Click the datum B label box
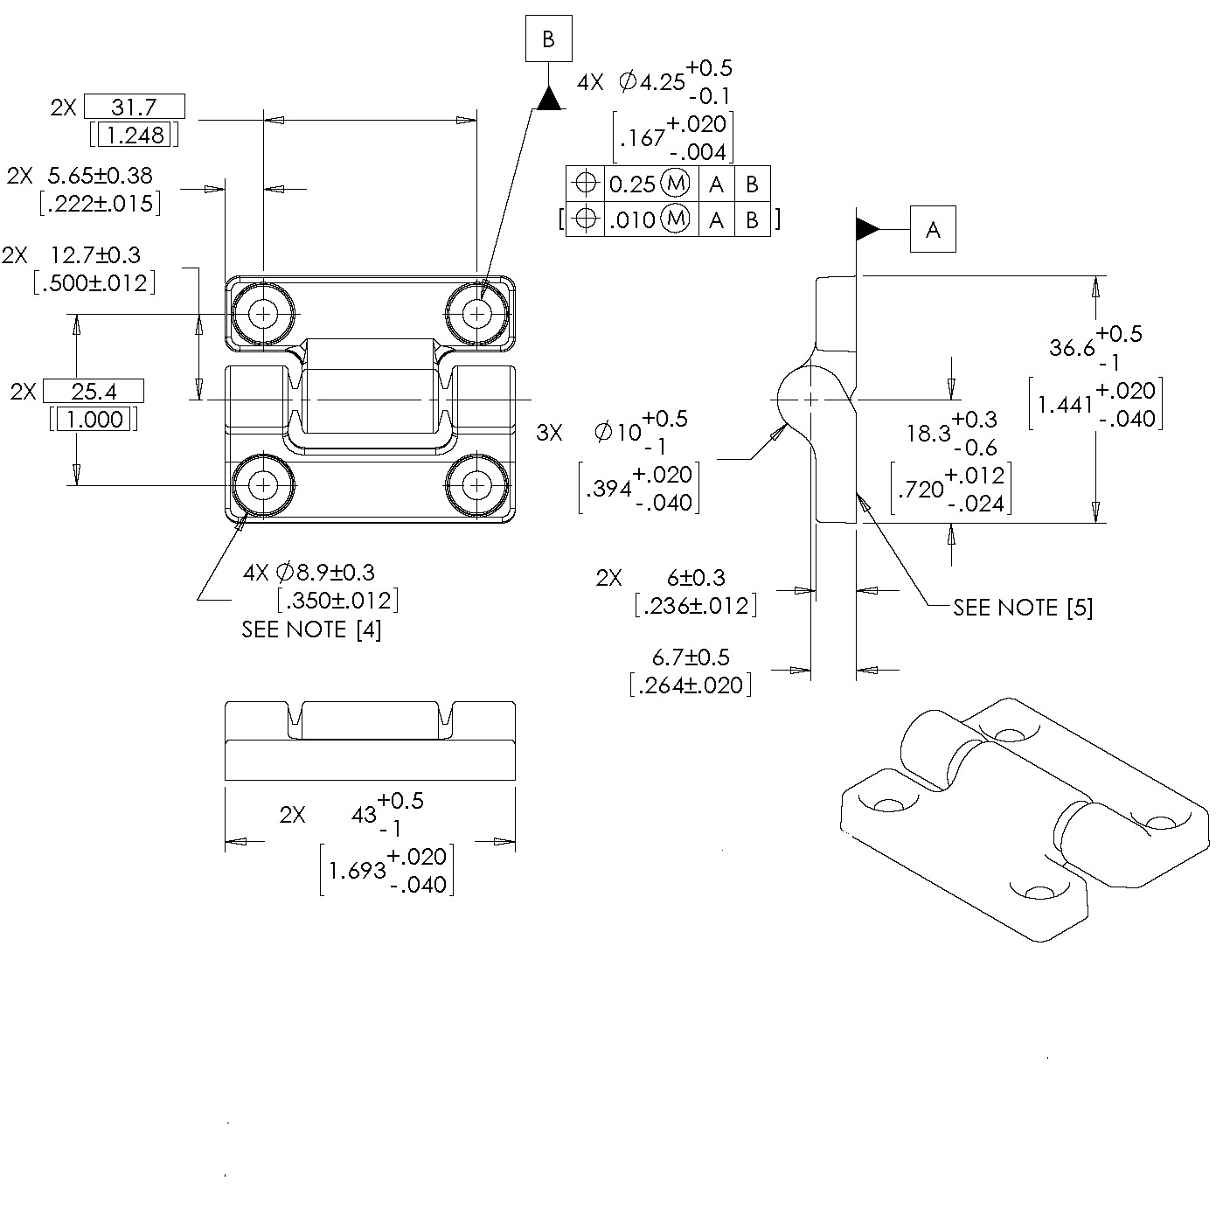(548, 39)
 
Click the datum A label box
(933, 229)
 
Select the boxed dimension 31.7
(134, 107)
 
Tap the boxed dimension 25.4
(93, 390)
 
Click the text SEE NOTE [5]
(1023, 608)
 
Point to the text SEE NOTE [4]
(311, 629)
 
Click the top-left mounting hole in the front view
(263, 313)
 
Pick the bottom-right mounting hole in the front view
(476, 484)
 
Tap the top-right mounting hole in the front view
(476, 313)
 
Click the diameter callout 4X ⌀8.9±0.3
(309, 573)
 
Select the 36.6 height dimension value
(1072, 348)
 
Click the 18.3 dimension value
(928, 434)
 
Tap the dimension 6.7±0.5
(691, 657)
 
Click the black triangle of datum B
(548, 98)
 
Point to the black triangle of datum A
(867, 229)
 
